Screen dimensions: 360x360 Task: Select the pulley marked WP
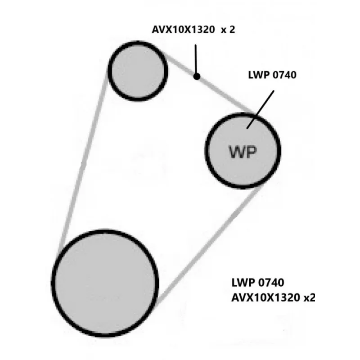(243, 149)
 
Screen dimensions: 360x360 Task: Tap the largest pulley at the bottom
(105, 283)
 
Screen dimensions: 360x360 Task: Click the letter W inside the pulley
(237, 153)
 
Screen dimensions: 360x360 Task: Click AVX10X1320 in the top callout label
(182, 30)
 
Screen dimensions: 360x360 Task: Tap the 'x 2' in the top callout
(227, 30)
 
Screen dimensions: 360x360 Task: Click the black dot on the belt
(197, 76)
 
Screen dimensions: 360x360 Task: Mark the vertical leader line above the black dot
(196, 58)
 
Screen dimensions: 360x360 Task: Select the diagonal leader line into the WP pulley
(261, 108)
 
